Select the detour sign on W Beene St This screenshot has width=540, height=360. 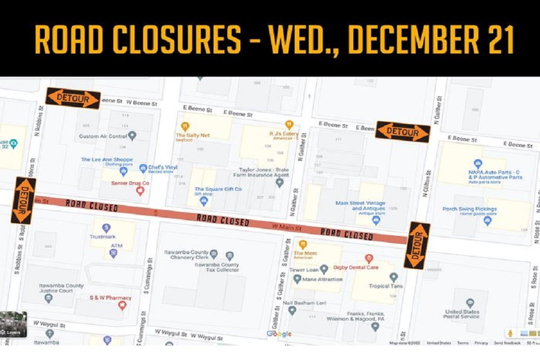[x=73, y=98]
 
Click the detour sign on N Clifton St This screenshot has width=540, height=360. [x=402, y=132]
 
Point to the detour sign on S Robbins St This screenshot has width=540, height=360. [x=23, y=200]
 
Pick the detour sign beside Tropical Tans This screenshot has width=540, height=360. [x=417, y=246]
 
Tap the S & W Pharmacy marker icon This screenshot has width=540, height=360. [x=122, y=305]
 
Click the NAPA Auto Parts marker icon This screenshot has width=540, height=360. [x=477, y=164]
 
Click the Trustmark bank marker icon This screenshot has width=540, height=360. [x=106, y=228]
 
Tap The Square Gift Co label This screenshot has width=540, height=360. [x=218, y=189]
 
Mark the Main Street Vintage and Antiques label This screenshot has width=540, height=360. [x=360, y=206]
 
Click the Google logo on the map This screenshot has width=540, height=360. [x=279, y=334]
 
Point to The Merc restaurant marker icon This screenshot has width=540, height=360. [x=303, y=244]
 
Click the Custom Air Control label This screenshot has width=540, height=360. [x=104, y=136]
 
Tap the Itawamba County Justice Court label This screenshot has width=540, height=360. [x=60, y=288]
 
